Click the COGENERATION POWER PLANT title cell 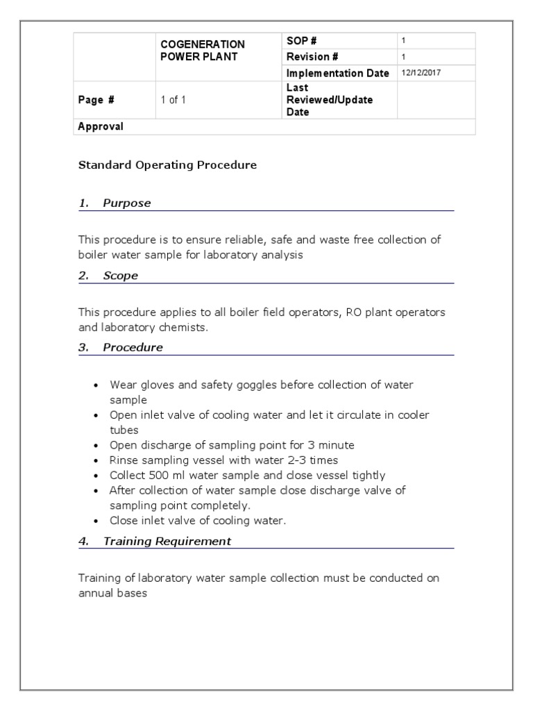pos(203,51)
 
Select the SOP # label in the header pos(301,41)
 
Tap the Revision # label pos(312,57)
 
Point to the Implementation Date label pos(337,73)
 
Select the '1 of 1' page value pos(173,100)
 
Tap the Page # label pos(96,100)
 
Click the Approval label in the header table pos(101,126)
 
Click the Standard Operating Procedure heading pos(167,165)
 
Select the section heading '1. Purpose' pos(115,203)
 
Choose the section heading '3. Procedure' pos(121,348)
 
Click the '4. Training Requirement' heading pos(155,541)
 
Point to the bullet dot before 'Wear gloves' pos(96,385)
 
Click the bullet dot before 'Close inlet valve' pos(96,521)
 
